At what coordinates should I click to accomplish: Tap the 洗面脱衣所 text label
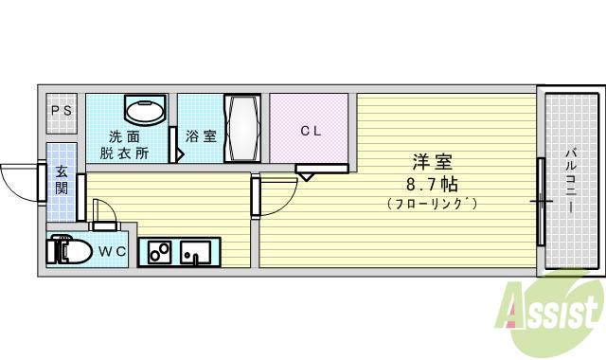pos(127,143)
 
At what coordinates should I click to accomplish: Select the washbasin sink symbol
pos(145,112)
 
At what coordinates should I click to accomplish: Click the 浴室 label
pos(200,135)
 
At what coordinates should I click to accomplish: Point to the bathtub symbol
pos(241,129)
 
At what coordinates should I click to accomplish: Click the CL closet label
pos(311,132)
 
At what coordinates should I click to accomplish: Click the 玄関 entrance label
pos(62,180)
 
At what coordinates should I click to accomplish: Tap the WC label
pos(113,251)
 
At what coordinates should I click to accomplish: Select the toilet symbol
pos(71,252)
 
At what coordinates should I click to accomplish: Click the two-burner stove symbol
pos(158,253)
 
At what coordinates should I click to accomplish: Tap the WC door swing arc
pos(105,215)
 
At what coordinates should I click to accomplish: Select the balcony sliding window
pos(542,200)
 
